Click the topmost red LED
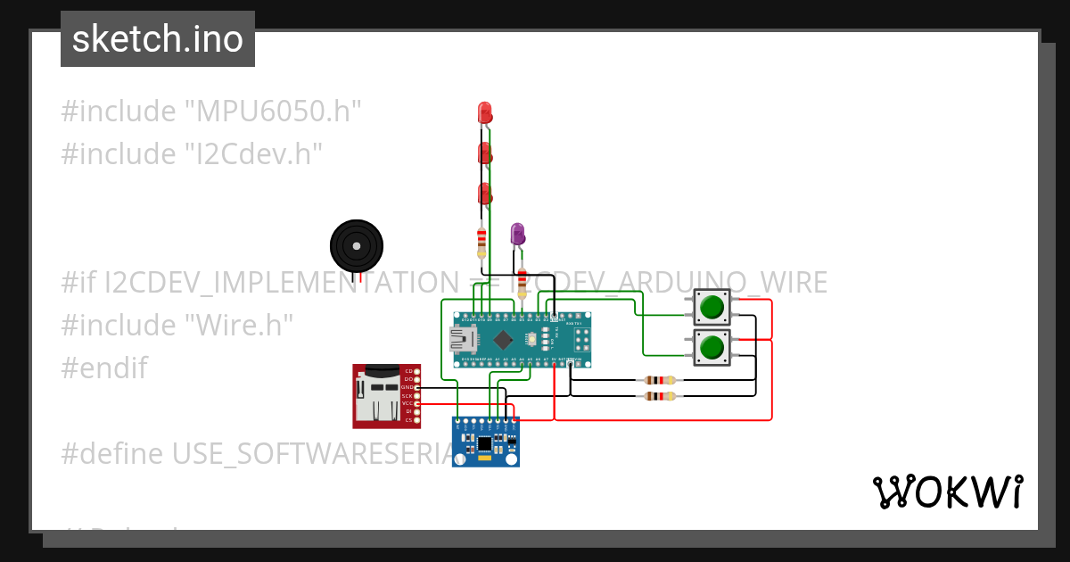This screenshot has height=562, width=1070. click(x=484, y=112)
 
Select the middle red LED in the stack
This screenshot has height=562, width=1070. click(x=484, y=153)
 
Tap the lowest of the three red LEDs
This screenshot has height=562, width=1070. click(x=485, y=193)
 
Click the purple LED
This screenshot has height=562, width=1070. click(x=516, y=234)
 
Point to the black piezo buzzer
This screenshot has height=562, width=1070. click(x=357, y=244)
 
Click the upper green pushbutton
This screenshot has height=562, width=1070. click(x=712, y=308)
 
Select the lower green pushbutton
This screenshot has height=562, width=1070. click(x=712, y=346)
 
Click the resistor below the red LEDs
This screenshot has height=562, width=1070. click(x=482, y=240)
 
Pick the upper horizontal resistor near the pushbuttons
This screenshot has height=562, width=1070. click(x=659, y=380)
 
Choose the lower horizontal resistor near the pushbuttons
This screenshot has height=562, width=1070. click(x=659, y=395)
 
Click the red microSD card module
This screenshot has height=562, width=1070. click(x=385, y=395)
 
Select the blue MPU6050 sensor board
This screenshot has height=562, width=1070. click(x=485, y=442)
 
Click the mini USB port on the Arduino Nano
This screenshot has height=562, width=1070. click(x=462, y=339)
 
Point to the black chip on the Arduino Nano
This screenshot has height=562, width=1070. click(x=504, y=339)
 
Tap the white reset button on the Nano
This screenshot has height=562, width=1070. click(x=531, y=339)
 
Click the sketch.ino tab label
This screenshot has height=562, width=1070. click(x=158, y=39)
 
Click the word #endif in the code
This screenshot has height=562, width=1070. click(x=103, y=368)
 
